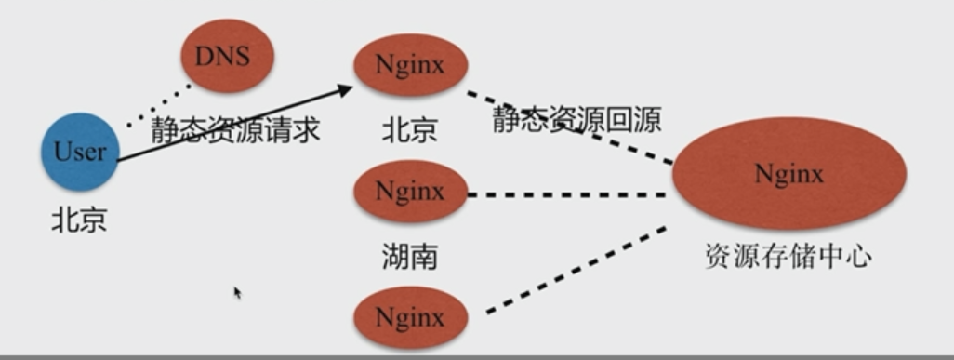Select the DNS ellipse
coord(227,56)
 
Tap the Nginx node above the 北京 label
coord(409,66)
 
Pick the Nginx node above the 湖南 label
coord(409,193)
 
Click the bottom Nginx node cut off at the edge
coord(409,317)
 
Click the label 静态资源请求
coord(235,129)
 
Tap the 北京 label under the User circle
coord(79,220)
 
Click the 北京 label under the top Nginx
coord(409,129)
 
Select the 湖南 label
coord(409,255)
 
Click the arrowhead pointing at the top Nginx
coord(346,89)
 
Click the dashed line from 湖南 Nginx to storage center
coord(567,194)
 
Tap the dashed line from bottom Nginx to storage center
coord(576,270)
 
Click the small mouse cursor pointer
coord(237,292)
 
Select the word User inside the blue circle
coord(79,152)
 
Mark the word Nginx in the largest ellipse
coord(788,174)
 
